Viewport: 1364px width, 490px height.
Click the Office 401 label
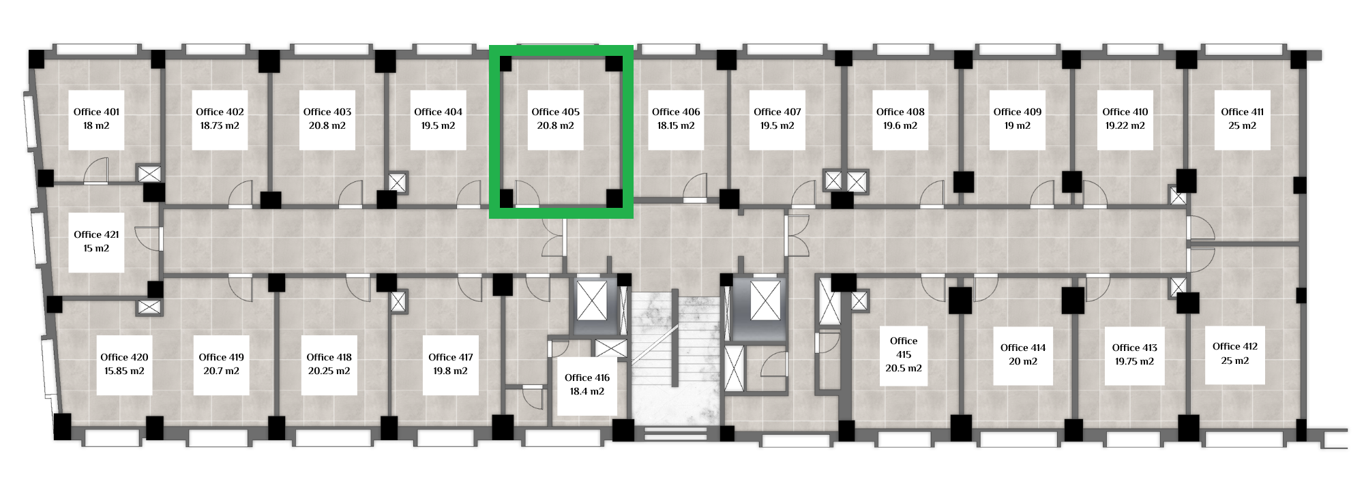[x=96, y=112]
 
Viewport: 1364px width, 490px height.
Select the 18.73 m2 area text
[x=220, y=125]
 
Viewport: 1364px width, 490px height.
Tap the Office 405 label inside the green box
[x=555, y=112]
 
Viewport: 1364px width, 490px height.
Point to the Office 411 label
[x=1242, y=112]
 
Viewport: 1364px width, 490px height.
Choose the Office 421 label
[x=96, y=234]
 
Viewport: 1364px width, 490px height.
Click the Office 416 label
[x=587, y=378]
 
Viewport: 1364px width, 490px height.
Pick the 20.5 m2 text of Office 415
[x=904, y=368]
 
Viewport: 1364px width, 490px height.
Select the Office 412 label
[x=1235, y=346]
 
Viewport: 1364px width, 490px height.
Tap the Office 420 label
[x=124, y=357]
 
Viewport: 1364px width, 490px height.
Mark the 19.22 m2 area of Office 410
[x=1125, y=125]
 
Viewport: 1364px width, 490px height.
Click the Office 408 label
[x=900, y=112]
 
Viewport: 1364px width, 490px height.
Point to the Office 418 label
[x=329, y=357]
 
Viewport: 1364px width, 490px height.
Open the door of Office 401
[x=96, y=172]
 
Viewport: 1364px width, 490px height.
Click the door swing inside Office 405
[x=527, y=194]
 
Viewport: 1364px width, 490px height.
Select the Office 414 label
[x=1023, y=348]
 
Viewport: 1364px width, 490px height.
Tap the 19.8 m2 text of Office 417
[x=450, y=371]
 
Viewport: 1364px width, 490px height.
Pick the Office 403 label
[x=327, y=112]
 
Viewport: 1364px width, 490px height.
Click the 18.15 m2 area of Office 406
[x=676, y=125]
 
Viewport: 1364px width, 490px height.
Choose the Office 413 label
[x=1135, y=348]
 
